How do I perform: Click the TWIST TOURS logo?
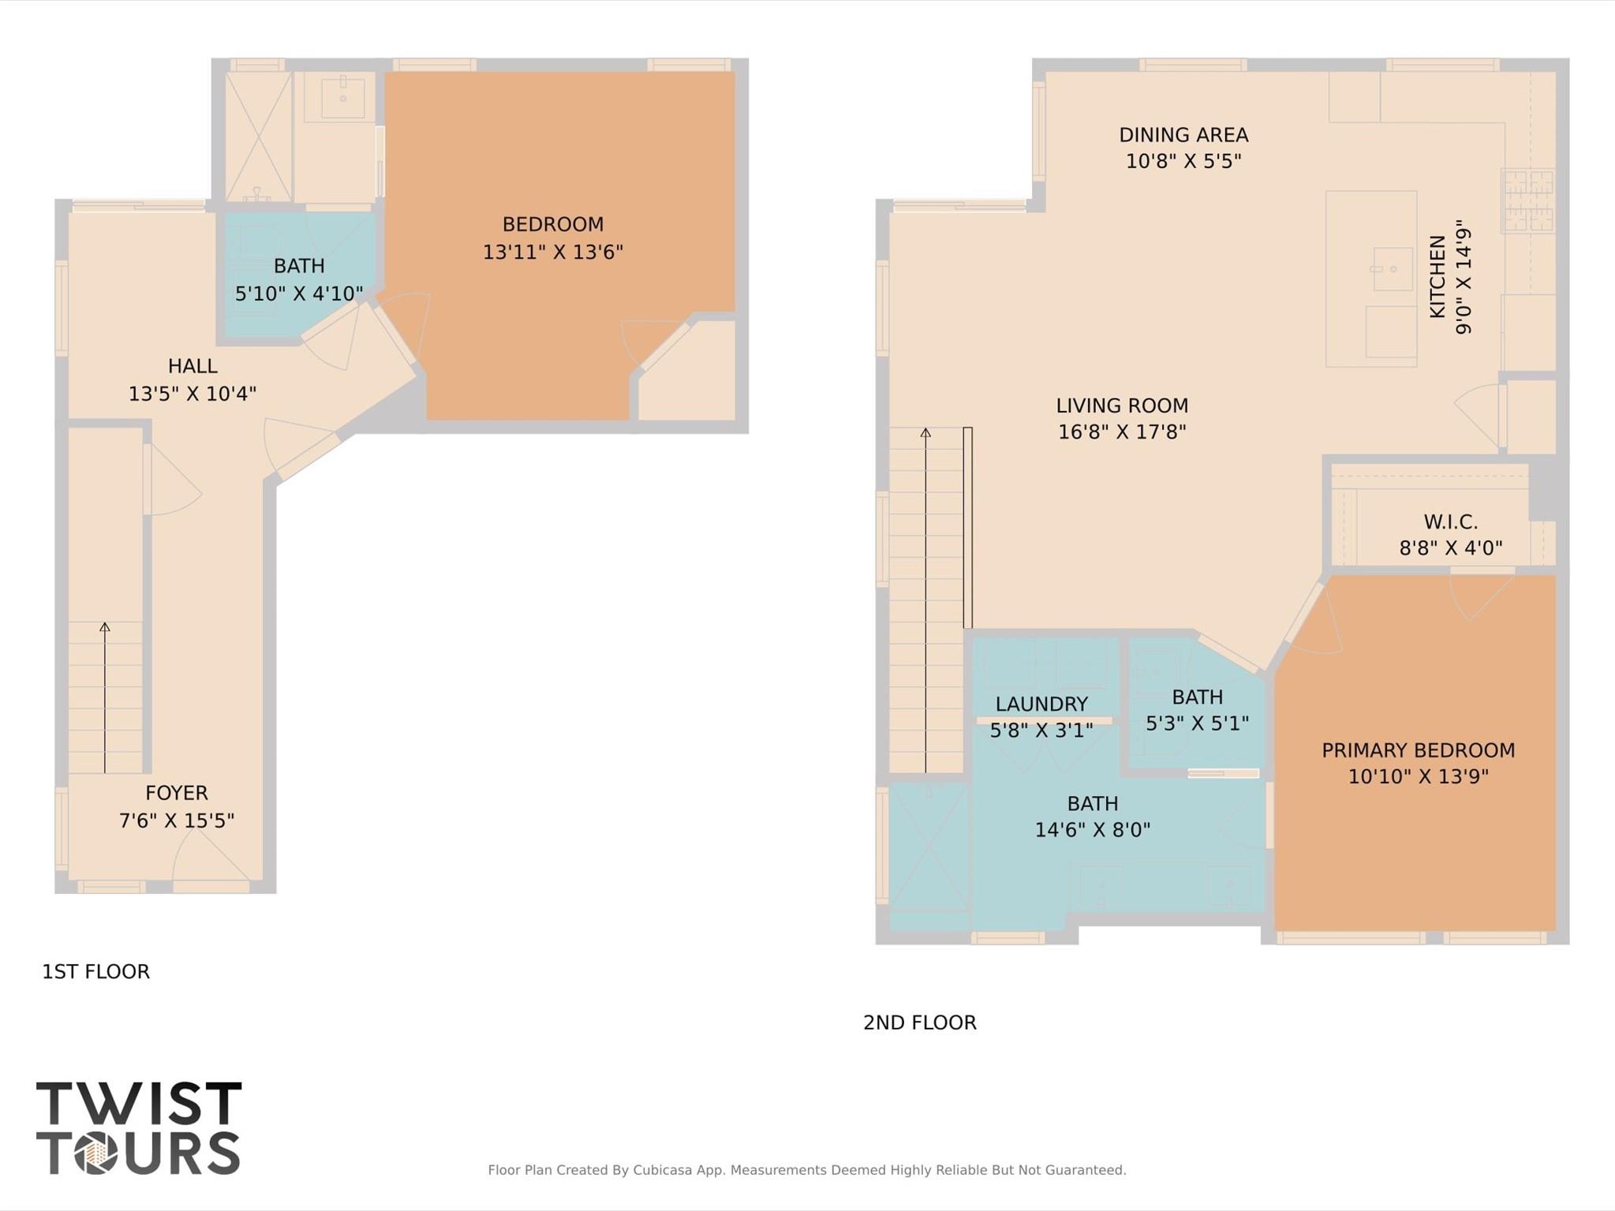point(138,1127)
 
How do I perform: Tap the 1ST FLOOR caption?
point(95,971)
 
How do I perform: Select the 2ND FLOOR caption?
point(919,1022)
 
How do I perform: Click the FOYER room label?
point(177,793)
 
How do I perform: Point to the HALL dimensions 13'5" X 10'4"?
point(193,393)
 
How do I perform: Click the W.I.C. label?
point(1450,521)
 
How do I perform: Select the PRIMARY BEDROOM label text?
point(1418,750)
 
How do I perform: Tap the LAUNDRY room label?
point(1041,704)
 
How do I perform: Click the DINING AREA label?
point(1183,135)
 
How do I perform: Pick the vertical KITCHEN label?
point(1437,276)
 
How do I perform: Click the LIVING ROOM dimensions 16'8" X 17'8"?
point(1122,432)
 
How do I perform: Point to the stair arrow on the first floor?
point(105,694)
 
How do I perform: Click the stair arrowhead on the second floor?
point(925,432)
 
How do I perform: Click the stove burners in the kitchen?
point(1528,201)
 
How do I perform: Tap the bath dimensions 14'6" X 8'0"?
point(1092,830)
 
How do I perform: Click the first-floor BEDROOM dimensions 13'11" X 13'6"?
point(552,252)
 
